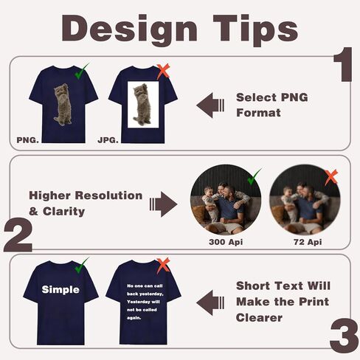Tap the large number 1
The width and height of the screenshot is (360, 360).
pyautogui.click(x=343, y=64)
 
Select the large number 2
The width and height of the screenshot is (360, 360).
pyautogui.click(x=18, y=236)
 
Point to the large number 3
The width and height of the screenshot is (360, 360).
pyautogui.click(x=344, y=336)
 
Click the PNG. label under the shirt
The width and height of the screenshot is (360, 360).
pyautogui.click(x=27, y=140)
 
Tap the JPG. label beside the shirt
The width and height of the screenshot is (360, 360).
pyautogui.click(x=108, y=140)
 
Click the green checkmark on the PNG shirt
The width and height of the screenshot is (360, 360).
pyautogui.click(x=81, y=72)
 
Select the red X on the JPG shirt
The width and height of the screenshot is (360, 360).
pyautogui.click(x=163, y=71)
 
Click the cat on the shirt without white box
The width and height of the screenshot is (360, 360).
pyautogui.click(x=63, y=105)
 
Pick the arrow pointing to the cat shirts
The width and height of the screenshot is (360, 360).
pyautogui.click(x=210, y=105)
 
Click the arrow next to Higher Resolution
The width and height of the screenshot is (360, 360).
pyautogui.click(x=163, y=204)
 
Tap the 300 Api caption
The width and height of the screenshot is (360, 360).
pyautogui.click(x=226, y=242)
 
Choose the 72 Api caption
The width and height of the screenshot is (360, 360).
pyautogui.click(x=308, y=242)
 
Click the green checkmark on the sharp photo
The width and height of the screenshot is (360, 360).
pyautogui.click(x=255, y=176)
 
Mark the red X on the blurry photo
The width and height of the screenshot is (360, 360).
pyautogui.click(x=331, y=177)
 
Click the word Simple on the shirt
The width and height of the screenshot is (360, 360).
pyautogui.click(x=60, y=290)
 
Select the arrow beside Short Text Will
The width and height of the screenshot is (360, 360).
pyautogui.click(x=210, y=302)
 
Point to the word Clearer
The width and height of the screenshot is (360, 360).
pyautogui.click(x=259, y=318)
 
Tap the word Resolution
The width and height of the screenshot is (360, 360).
pyautogui.click(x=108, y=195)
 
